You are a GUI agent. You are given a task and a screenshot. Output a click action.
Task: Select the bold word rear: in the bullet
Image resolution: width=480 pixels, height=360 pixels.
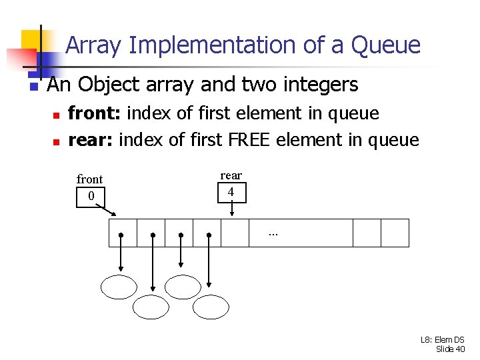click(x=91, y=140)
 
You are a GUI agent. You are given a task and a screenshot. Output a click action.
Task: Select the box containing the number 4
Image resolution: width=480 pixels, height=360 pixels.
click(x=231, y=192)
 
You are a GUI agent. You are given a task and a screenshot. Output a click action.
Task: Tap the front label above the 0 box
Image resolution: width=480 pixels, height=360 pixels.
click(x=90, y=179)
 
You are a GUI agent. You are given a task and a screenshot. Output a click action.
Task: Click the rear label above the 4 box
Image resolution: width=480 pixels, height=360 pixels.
click(x=231, y=175)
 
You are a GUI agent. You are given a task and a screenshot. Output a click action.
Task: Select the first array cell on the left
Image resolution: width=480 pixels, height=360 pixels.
click(x=123, y=233)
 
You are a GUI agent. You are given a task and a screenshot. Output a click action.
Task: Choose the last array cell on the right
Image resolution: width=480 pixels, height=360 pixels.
click(x=395, y=233)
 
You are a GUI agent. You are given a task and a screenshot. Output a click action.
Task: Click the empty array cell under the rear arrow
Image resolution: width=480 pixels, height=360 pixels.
click(x=234, y=233)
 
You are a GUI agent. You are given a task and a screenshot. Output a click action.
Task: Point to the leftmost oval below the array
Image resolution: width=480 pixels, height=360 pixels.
click(x=118, y=287)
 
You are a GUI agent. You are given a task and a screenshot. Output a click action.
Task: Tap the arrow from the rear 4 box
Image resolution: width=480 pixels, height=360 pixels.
click(x=231, y=209)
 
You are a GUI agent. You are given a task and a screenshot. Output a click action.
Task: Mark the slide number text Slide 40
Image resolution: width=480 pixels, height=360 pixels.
click(x=450, y=349)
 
